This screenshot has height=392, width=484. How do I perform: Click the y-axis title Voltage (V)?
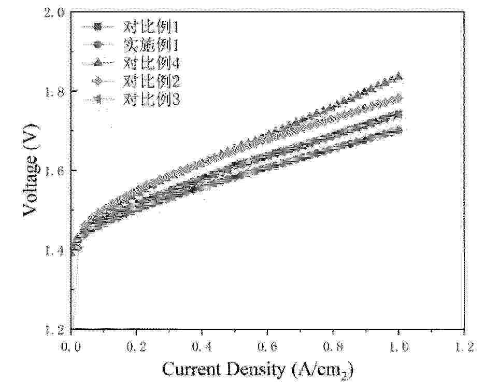(31, 171)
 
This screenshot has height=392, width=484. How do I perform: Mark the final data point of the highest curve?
(398, 76)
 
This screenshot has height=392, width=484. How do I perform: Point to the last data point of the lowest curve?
(398, 131)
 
